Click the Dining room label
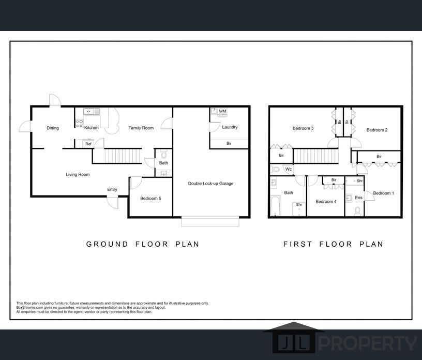coord(52,128)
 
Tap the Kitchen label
coord(92,128)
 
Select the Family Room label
coord(141,128)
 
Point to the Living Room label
coord(78,174)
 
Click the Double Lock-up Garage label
coord(210,184)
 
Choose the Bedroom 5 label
coord(150,199)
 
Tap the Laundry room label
coord(230,127)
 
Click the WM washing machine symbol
coord(222,112)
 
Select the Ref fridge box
coord(88,143)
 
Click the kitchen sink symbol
coord(92,111)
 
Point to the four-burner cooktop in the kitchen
coord(79,124)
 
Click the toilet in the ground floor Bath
coord(163,155)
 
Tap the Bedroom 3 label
coord(303,128)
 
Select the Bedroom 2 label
coord(377,130)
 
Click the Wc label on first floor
coord(288,169)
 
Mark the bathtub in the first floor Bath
coord(275,206)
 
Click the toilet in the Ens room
coord(358,211)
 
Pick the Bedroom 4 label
coord(326,201)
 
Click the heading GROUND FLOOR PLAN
coord(143,244)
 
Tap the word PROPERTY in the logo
coord(368,343)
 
